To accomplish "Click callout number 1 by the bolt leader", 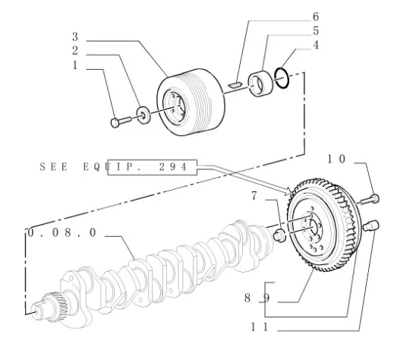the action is [x=75, y=65].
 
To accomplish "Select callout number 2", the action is [x=75, y=51].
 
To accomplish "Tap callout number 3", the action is [x=75, y=36].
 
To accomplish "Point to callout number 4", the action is [x=316, y=45].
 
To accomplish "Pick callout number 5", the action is [x=316, y=31].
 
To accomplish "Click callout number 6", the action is [x=316, y=17].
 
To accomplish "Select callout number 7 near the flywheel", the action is [x=254, y=196].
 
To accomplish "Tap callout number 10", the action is [x=336, y=159].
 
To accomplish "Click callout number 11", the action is [x=259, y=327].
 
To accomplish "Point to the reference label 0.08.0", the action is [x=62, y=232].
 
